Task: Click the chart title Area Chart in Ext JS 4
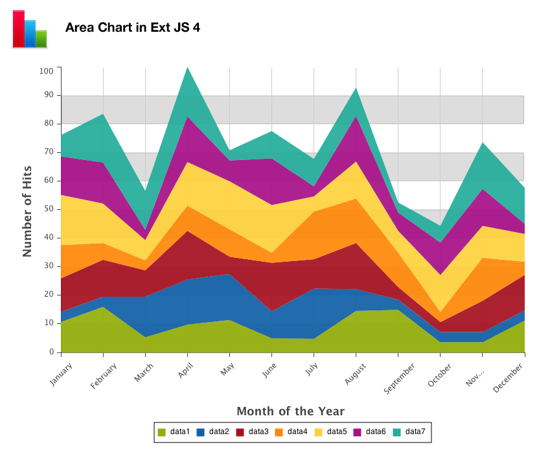tap(132, 29)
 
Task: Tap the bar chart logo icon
tap(30, 29)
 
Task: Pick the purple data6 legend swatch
tap(358, 432)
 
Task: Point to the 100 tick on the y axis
tap(46, 71)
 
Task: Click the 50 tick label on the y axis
tap(49, 209)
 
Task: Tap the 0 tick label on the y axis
tap(51, 352)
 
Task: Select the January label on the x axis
tap(60, 374)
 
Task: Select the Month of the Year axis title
tap(290, 411)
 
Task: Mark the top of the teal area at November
tap(482, 143)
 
